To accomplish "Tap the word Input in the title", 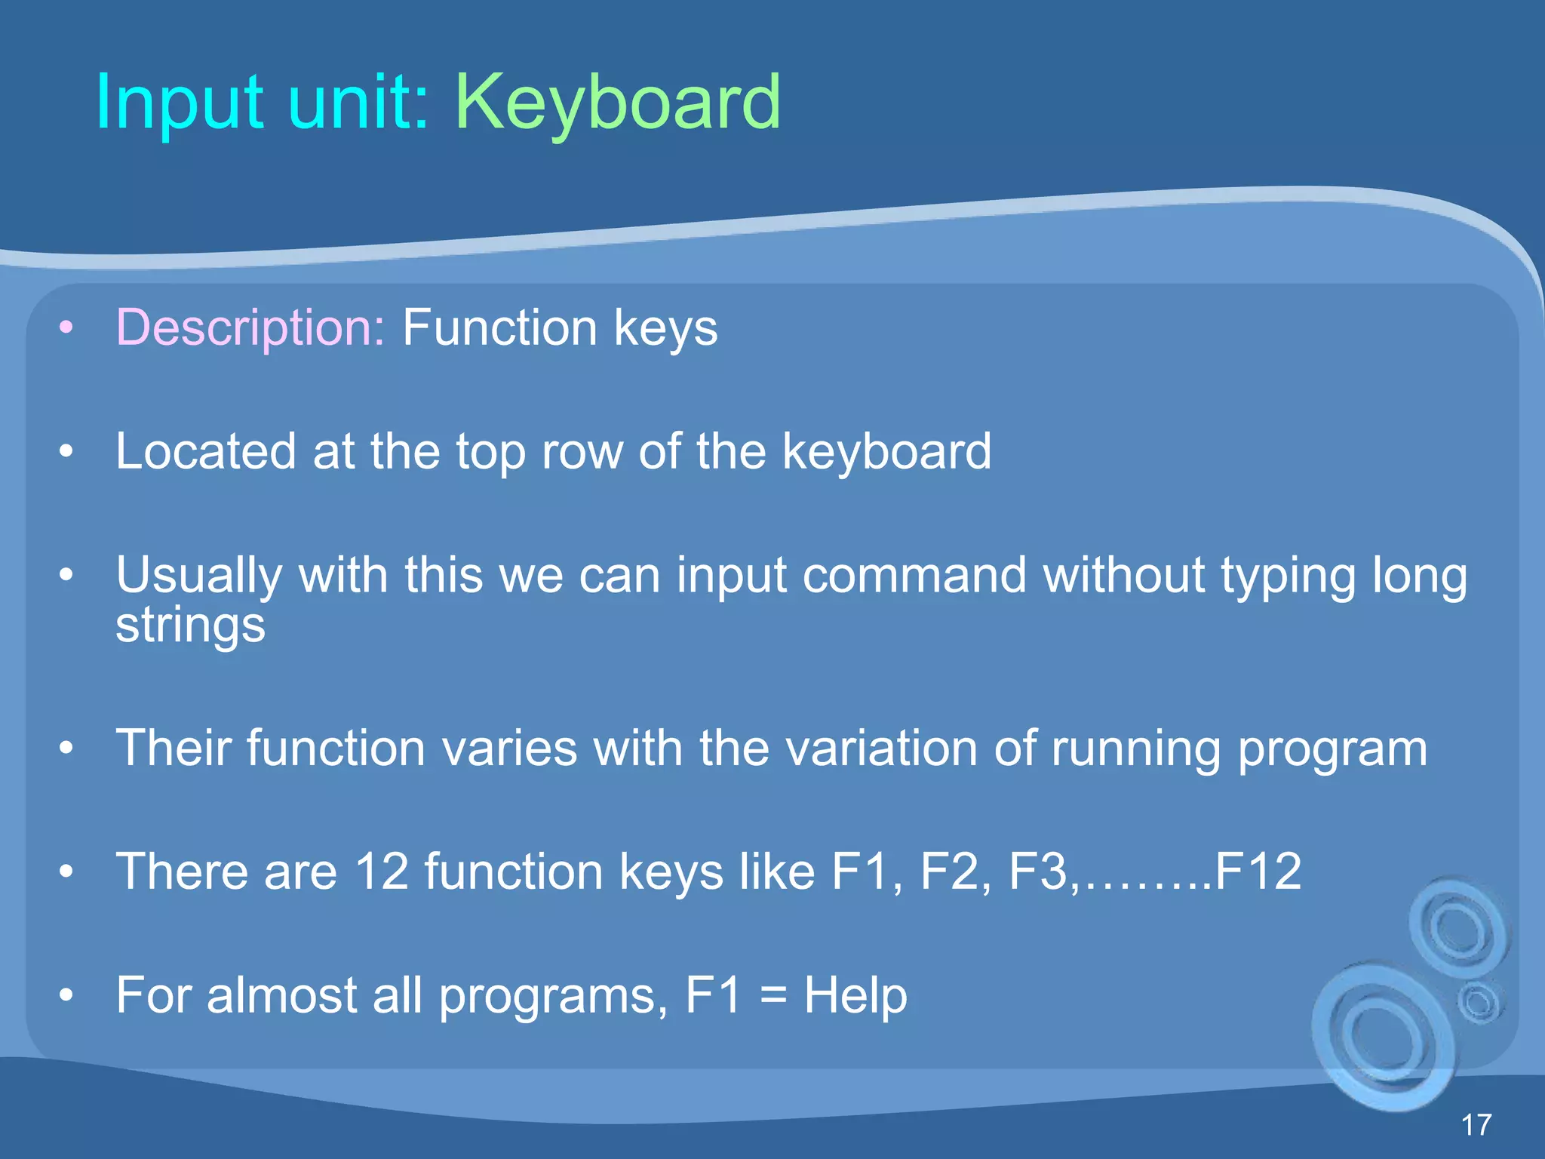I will (x=179, y=103).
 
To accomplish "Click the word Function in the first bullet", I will (x=499, y=328).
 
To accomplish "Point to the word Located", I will (x=205, y=452).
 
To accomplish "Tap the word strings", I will (x=190, y=626).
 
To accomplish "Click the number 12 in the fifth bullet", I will (x=382, y=872).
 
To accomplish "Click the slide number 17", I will (x=1476, y=1125).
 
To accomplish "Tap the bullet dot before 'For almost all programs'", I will (x=66, y=995).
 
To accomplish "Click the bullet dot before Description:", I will (x=66, y=328).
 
